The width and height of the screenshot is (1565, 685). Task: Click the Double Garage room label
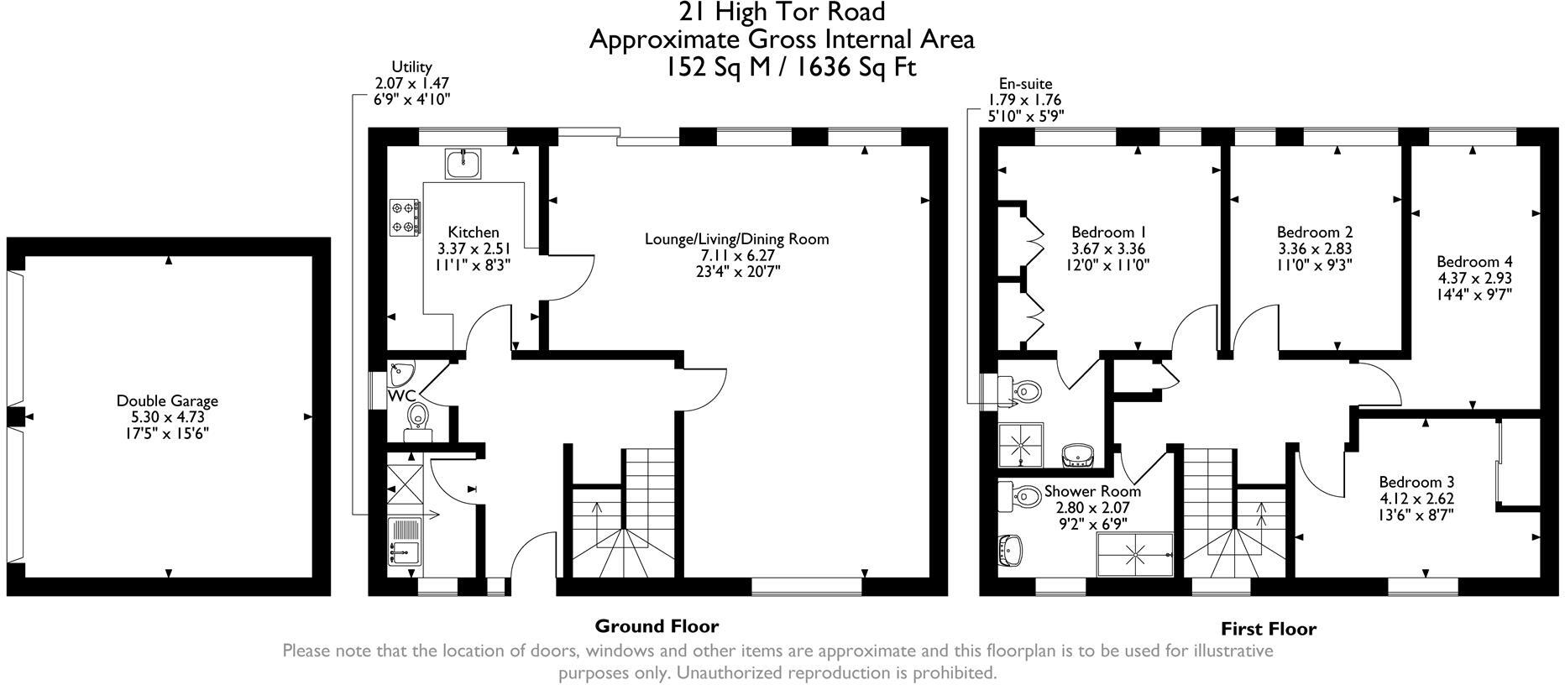point(167,401)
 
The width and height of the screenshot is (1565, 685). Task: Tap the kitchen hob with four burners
point(405,216)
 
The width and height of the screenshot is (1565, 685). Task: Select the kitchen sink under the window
point(463,163)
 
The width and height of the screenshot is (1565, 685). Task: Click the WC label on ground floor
point(400,395)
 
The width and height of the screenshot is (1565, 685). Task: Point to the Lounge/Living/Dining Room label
point(736,239)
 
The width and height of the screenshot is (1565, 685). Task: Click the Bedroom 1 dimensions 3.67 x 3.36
point(1107,249)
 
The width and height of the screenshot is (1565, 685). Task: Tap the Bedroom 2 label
point(1314,233)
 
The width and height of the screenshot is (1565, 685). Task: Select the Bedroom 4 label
point(1473,261)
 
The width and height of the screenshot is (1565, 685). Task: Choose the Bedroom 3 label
point(1416,483)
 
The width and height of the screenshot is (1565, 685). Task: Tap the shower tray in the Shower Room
point(1136,554)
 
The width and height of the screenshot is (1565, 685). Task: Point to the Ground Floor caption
point(657,626)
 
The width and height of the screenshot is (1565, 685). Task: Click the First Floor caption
point(1268,630)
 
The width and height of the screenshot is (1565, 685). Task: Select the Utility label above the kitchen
point(411,67)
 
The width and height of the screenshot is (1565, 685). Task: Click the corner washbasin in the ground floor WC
point(400,369)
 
